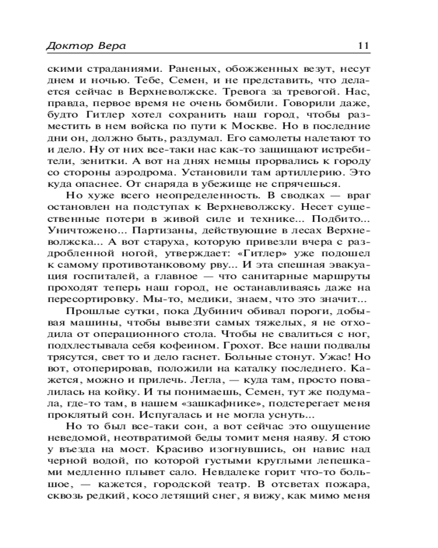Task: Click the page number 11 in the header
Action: [x=364, y=45]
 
